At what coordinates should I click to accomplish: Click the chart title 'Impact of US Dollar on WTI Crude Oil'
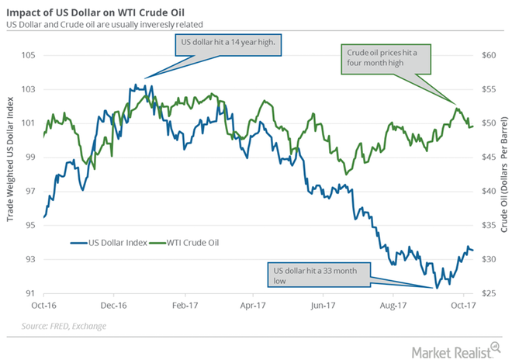click(x=109, y=9)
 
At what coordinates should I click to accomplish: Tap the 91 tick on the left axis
click(x=29, y=293)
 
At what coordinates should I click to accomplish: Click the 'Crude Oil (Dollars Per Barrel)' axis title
click(x=503, y=174)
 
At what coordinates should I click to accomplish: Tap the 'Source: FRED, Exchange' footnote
click(x=66, y=326)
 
